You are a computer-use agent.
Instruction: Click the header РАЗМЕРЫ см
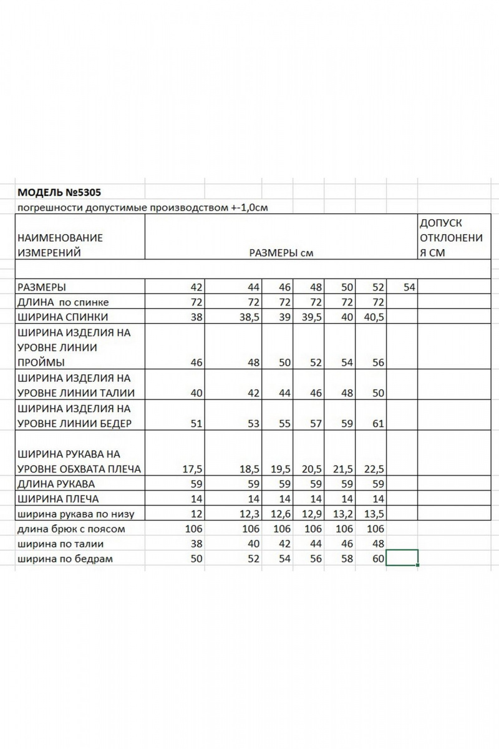(281, 253)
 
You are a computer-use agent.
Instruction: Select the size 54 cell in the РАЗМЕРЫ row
(409, 287)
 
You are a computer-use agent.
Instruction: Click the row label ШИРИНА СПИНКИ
(64, 316)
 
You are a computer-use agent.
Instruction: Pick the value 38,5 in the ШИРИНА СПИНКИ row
(248, 316)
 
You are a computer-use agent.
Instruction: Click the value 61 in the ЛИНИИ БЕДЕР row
(377, 424)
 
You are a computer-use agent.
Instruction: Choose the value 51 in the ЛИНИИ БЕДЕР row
(196, 424)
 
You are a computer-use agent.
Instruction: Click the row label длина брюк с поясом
(72, 529)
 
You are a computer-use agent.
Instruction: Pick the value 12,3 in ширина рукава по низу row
(248, 514)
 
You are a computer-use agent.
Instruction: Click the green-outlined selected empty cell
(402, 558)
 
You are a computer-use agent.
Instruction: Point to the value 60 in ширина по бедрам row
(377, 559)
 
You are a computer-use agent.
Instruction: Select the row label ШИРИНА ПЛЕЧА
(58, 499)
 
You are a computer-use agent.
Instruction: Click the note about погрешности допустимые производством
(143, 208)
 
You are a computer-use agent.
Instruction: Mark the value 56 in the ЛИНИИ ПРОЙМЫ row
(377, 363)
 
